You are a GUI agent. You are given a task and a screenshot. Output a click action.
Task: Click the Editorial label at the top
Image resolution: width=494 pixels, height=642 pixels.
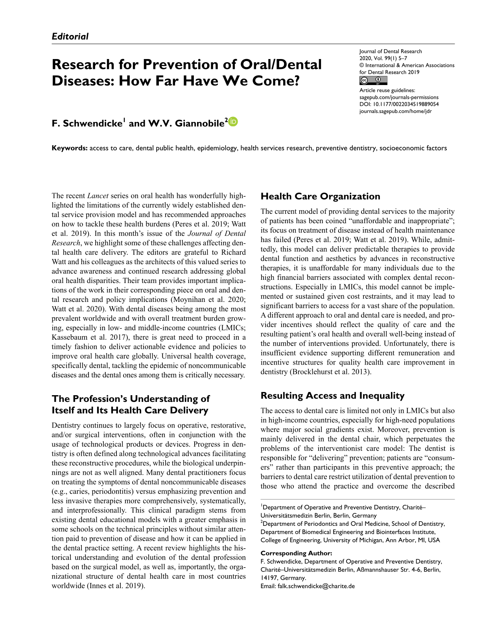70,36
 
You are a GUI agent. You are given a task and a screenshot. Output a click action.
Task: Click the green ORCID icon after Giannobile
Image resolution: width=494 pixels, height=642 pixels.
233,122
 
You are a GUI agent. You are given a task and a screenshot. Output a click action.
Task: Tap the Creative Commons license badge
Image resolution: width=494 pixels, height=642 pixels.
373,81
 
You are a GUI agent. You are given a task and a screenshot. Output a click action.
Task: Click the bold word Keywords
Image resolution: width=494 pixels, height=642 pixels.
69,148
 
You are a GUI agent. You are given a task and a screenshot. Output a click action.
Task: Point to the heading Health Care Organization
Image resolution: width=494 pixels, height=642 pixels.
320,196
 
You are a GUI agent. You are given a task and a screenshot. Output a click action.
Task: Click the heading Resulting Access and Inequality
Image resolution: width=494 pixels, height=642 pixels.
332,396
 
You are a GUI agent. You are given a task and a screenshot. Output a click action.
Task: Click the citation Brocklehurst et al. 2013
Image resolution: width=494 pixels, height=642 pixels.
330,372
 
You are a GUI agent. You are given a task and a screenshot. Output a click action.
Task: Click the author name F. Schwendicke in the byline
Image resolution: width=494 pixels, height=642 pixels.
87,123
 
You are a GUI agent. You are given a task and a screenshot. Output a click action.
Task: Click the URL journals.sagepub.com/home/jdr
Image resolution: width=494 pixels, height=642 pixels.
395,111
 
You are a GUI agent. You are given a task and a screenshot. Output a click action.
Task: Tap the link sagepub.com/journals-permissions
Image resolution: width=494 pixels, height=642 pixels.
399,97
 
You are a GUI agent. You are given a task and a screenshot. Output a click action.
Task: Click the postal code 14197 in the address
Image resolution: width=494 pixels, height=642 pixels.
269,578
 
